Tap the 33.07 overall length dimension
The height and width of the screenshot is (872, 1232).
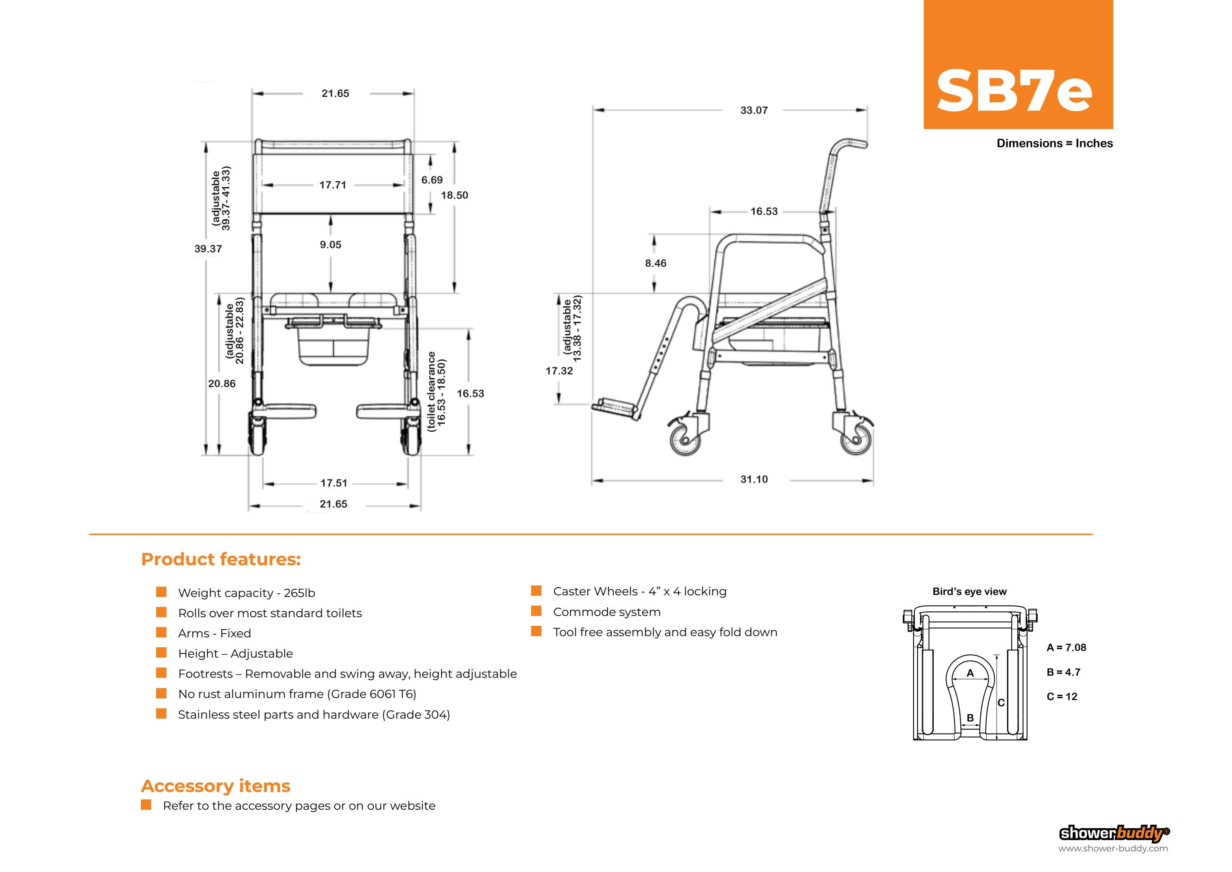click(x=754, y=110)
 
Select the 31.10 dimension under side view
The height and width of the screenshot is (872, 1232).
click(x=754, y=479)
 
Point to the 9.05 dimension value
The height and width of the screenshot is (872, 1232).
click(x=330, y=244)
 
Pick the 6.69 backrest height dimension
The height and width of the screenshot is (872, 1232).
click(x=432, y=180)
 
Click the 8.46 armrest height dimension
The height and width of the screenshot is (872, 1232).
click(x=656, y=263)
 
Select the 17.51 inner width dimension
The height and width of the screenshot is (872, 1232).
click(x=334, y=483)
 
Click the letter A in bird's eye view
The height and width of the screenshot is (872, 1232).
click(x=970, y=673)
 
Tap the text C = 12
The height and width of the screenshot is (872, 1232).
click(x=1061, y=696)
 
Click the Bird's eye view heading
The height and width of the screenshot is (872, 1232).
click(x=969, y=591)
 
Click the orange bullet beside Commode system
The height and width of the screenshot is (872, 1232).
click(x=536, y=611)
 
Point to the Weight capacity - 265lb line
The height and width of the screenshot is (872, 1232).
click(x=246, y=593)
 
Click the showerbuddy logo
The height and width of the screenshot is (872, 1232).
click(x=1114, y=833)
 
